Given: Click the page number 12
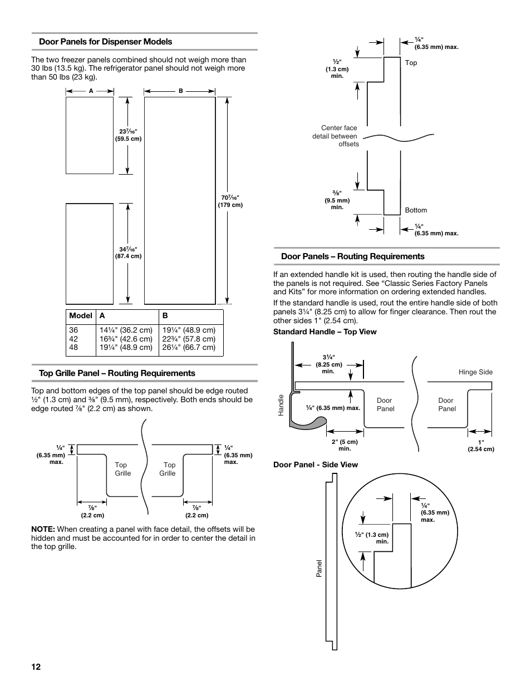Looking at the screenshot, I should point(36,667).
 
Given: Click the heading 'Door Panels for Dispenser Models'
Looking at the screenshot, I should point(105,42).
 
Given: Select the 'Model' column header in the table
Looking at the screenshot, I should point(81,315).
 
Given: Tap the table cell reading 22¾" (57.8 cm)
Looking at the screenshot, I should point(189,339).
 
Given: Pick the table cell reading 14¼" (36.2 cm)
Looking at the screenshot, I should point(126,330).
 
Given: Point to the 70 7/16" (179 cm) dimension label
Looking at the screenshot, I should point(230,201).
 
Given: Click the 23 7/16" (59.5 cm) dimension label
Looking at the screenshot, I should point(128,135).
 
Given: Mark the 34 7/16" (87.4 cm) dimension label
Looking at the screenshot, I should point(128,253).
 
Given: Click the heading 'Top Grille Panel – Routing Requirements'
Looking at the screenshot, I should point(117,373).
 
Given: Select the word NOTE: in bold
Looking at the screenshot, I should point(43,529).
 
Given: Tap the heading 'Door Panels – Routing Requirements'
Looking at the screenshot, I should point(352,256).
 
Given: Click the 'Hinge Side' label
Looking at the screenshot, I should point(475,372).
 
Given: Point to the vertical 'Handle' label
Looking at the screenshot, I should point(282,405).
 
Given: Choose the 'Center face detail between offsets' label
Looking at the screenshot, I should point(336,136).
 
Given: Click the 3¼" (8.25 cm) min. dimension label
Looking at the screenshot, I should point(328,364).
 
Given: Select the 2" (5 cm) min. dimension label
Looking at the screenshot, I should point(345,445).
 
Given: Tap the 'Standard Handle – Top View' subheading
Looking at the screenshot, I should point(324,332).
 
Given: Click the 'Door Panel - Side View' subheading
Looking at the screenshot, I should point(315,464).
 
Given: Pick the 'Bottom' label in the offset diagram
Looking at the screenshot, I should point(416,210).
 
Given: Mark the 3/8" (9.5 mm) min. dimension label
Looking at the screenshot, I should point(337,200).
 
